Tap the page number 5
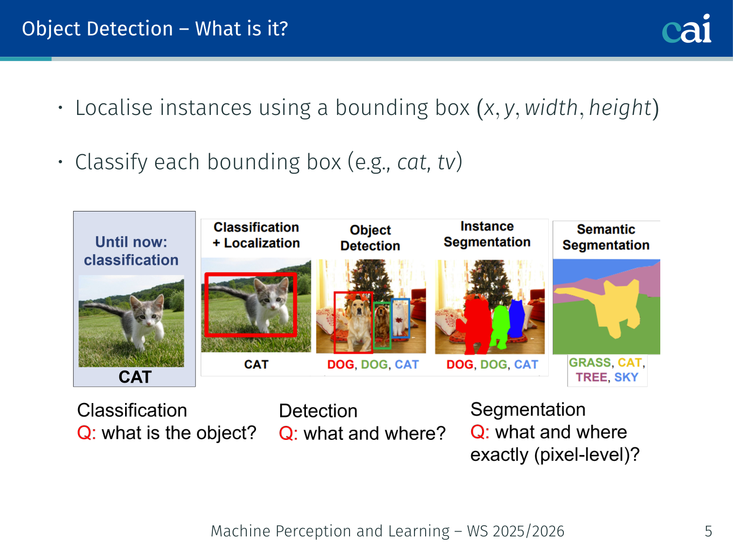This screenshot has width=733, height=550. coord(708,531)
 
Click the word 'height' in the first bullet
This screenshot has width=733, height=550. coord(620,108)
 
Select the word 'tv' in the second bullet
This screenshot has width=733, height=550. coord(446,162)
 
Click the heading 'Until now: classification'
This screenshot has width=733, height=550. coord(131,251)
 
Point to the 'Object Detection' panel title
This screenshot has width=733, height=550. coord(370,238)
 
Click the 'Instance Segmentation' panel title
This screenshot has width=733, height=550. coord(487,234)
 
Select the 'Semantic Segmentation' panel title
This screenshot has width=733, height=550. coord(606,237)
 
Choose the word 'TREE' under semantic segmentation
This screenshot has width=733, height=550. coord(591,377)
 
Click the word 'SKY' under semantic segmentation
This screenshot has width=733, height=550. coord(626,377)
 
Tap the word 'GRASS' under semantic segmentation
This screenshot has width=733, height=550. coord(590,363)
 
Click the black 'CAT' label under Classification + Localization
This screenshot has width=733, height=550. coord(256,364)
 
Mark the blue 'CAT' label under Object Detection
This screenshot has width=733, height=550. coord(406,364)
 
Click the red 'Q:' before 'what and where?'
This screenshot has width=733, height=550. coord(288,434)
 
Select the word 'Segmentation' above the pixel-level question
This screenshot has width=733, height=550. coord(528,410)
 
